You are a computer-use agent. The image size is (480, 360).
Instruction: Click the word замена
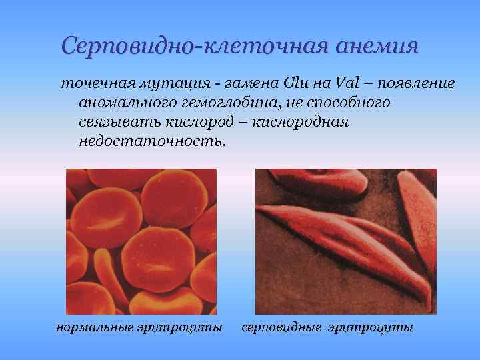[x=247, y=84]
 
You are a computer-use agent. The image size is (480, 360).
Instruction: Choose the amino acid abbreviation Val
[x=346, y=84]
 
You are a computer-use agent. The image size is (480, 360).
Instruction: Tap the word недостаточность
[x=153, y=143]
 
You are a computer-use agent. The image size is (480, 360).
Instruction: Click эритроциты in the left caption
[x=183, y=327]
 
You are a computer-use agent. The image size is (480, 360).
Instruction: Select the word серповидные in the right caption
[x=280, y=327]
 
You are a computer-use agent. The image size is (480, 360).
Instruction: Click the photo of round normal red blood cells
[x=141, y=241]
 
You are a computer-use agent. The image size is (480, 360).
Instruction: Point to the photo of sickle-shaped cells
[x=346, y=241]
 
